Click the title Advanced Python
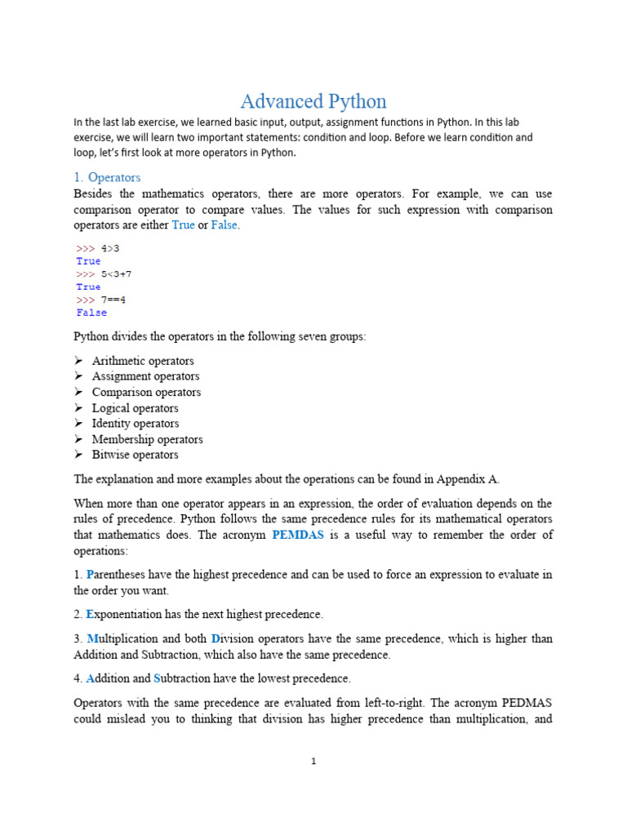coord(313,101)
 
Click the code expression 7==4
coord(113,300)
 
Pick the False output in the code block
coord(91,313)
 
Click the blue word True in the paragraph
coord(183,225)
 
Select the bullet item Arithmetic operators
coord(143,361)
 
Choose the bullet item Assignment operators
coord(145,376)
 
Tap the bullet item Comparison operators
coord(146,392)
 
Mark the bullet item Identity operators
coord(136,424)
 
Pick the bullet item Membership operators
coord(147,439)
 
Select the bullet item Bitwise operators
coord(135,455)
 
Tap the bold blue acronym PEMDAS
coord(299,535)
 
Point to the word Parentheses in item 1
coord(118,575)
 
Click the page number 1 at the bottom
coord(313,762)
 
